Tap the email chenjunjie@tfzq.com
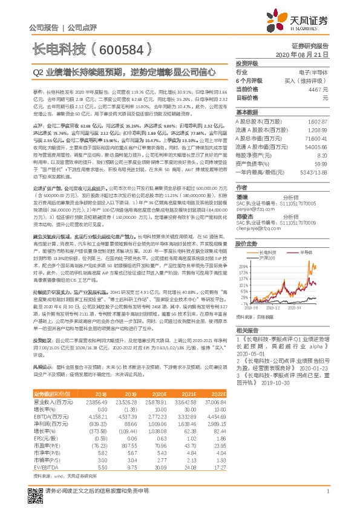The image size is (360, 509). (260, 229)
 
